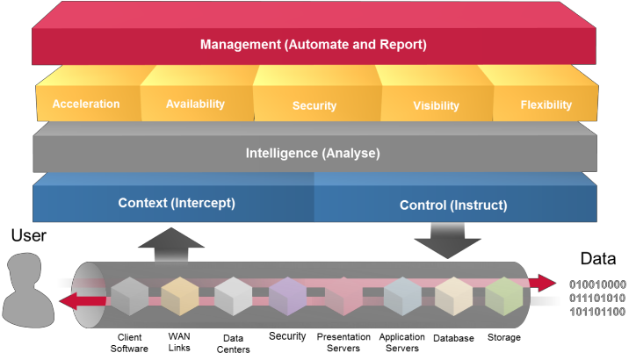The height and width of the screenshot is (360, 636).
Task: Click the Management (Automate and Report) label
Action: click(x=313, y=44)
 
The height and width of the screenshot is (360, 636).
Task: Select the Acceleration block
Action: click(x=86, y=104)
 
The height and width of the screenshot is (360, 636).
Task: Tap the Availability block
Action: click(x=195, y=104)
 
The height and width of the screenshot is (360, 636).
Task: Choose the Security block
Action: click(x=314, y=105)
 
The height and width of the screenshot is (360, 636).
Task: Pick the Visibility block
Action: click(x=436, y=105)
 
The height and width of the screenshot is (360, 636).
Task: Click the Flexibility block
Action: click(x=546, y=104)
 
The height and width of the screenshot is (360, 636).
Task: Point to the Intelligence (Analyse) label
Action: click(x=313, y=153)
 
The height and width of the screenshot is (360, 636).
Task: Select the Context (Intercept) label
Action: click(x=177, y=203)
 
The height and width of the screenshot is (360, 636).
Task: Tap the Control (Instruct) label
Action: click(x=453, y=205)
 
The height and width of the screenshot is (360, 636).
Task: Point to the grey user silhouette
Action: click(x=26, y=290)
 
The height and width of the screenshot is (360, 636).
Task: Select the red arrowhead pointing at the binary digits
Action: click(x=546, y=283)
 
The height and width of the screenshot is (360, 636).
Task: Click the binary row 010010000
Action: click(x=597, y=284)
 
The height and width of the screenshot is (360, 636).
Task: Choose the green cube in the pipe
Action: click(x=504, y=296)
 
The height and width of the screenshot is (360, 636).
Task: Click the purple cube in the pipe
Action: click(x=287, y=297)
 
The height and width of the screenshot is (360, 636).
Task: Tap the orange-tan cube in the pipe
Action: click(x=179, y=297)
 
